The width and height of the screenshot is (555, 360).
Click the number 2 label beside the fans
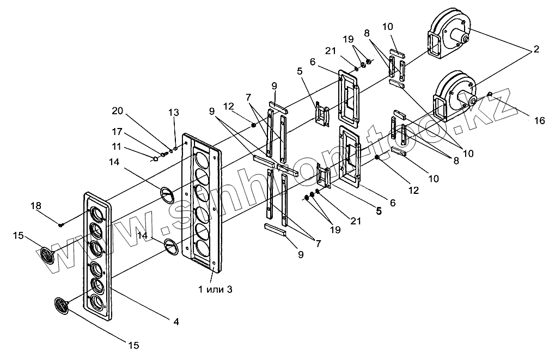pyautogui.click(x=536, y=49)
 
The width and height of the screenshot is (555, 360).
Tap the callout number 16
pyautogui.click(x=539, y=121)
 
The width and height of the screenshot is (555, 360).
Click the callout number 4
pyautogui.click(x=175, y=322)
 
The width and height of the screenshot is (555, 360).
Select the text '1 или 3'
pyautogui.click(x=215, y=289)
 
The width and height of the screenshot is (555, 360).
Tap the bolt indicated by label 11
pyautogui.click(x=156, y=159)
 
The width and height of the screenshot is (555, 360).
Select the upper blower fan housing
pyautogui.click(x=449, y=35)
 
